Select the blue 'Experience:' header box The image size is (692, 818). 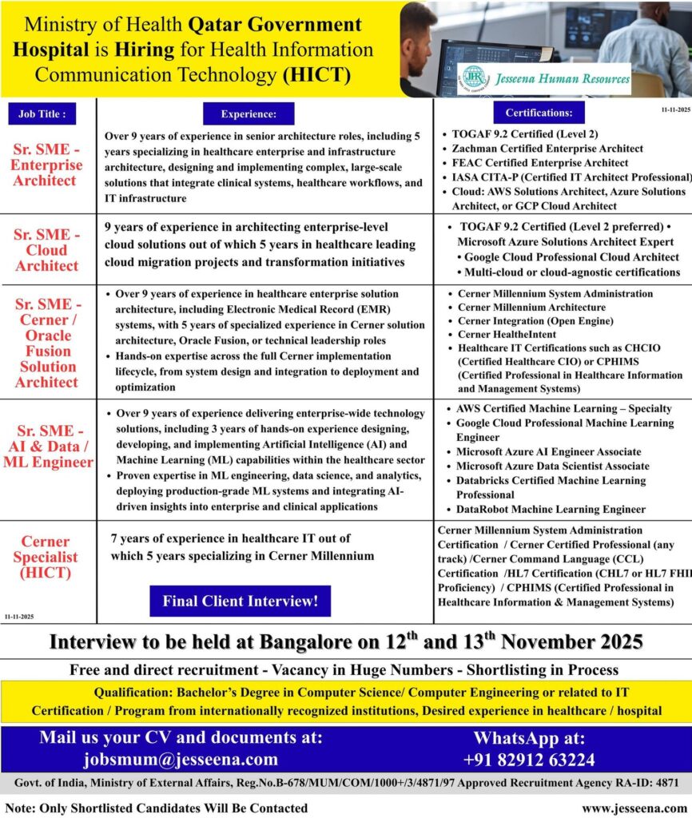(249, 114)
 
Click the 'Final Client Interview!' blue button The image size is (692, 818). (240, 601)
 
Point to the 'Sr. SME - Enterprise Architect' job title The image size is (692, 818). (47, 165)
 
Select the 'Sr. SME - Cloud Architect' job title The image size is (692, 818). (47, 250)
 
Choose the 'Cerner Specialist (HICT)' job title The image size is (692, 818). (46, 557)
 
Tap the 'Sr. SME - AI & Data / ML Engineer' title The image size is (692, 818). (47, 447)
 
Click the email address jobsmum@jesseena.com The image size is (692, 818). (181, 759)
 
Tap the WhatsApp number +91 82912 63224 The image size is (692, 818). (529, 759)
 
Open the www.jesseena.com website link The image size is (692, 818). (634, 808)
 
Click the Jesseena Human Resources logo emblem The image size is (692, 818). (474, 77)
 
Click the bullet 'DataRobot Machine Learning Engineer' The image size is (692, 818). (551, 509)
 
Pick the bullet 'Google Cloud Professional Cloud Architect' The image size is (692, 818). (571, 257)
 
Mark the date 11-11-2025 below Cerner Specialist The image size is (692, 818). (18, 617)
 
